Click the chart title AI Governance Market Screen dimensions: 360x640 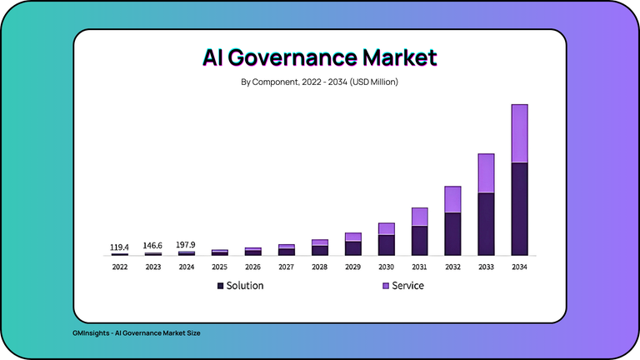[320, 57]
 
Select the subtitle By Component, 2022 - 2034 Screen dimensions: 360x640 [320, 82]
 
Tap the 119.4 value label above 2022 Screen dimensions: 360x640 [119, 247]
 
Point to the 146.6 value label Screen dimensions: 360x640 [152, 246]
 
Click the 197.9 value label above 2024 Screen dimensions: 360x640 [186, 245]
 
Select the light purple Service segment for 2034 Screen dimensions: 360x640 [519, 133]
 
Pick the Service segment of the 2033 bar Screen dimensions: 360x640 [486, 173]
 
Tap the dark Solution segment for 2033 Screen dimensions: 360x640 [486, 223]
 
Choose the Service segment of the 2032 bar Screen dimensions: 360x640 [452, 199]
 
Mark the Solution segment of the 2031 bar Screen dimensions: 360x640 [419, 240]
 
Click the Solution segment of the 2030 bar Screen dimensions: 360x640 [386, 245]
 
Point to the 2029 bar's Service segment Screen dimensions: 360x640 [352, 237]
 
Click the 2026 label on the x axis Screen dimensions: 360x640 [252, 267]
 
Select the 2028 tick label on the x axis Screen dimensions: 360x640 [319, 267]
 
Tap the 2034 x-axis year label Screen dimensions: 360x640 [519, 267]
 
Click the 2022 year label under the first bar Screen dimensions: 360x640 [119, 267]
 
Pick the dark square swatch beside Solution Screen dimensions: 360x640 [220, 286]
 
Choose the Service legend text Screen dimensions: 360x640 [407, 286]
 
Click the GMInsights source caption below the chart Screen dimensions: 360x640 [136, 332]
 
